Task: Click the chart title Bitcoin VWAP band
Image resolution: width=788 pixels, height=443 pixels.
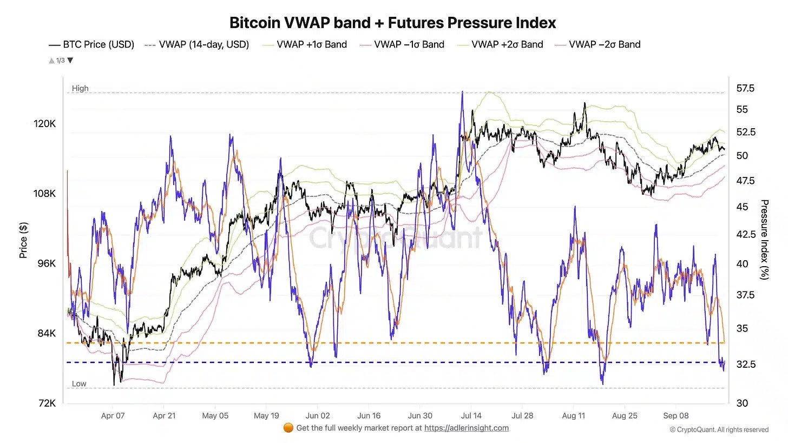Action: tap(392, 23)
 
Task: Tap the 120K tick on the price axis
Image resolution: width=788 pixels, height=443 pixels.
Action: tap(45, 123)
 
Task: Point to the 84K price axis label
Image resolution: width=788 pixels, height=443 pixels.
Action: tap(46, 333)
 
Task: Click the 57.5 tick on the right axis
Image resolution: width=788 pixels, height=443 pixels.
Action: tap(745, 88)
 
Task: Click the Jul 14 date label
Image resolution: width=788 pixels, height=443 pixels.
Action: tap(470, 415)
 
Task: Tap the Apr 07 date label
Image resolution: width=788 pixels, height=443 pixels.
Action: tap(113, 415)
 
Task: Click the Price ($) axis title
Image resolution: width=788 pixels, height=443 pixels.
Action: tap(23, 240)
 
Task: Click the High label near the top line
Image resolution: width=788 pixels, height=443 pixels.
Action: tap(80, 88)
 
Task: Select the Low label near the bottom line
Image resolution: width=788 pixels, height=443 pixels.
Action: tap(79, 384)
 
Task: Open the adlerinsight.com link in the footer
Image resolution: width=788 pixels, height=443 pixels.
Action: tap(466, 428)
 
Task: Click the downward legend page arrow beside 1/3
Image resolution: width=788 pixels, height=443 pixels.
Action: tap(70, 61)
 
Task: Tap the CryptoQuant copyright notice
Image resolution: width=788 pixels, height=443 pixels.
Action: tap(719, 429)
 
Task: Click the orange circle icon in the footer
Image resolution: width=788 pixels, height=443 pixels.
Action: tap(288, 428)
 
